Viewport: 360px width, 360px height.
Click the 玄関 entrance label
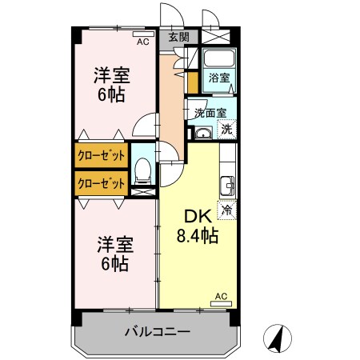pos(178,37)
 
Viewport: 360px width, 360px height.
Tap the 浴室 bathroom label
pos(219,78)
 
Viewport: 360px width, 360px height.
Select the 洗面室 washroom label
pos(210,113)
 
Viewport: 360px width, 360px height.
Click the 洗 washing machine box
pos(227,129)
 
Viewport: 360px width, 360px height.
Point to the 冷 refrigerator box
pos(226,210)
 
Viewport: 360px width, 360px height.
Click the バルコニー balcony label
pos(157,331)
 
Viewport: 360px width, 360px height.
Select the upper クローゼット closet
pos(101,154)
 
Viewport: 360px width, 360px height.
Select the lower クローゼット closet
pos(101,182)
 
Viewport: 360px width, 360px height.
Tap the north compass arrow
pos(277,338)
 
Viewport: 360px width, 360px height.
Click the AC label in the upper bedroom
pos(142,42)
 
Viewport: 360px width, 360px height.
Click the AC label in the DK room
pos(222,296)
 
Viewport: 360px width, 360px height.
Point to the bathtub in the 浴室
pos(218,60)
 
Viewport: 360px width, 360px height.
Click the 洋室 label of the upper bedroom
pos(112,76)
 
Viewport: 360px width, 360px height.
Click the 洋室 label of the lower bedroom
pos(112,242)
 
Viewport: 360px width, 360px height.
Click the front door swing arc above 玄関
pos(170,14)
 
